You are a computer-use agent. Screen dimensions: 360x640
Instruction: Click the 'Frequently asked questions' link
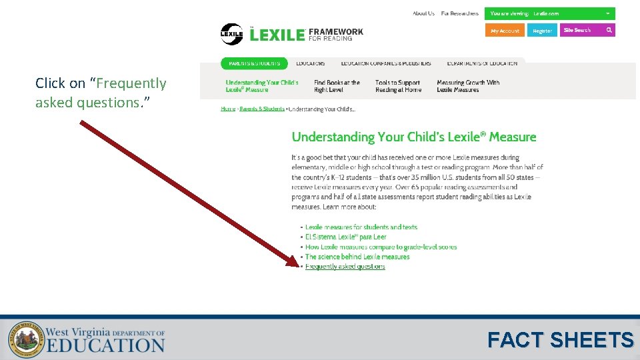[345, 267]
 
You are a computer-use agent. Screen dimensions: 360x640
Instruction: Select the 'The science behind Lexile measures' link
[357, 257]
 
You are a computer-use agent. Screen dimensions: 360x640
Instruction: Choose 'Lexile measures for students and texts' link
[361, 227]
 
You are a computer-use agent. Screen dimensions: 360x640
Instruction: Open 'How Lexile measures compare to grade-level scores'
[381, 247]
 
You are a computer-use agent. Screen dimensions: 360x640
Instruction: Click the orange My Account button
[505, 31]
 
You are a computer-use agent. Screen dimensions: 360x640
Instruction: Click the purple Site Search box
[587, 30]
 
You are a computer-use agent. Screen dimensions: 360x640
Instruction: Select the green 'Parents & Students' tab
[254, 63]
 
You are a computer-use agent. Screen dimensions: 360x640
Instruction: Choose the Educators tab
[311, 63]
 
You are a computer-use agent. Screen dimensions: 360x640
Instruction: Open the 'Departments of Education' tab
[482, 63]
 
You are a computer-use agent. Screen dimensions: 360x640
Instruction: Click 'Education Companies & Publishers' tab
[386, 63]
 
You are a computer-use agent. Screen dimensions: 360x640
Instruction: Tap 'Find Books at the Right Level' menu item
[337, 86]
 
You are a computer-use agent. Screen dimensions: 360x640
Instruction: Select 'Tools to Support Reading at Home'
[398, 86]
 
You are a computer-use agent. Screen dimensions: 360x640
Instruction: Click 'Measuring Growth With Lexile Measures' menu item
[468, 86]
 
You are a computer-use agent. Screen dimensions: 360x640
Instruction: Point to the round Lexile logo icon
[231, 34]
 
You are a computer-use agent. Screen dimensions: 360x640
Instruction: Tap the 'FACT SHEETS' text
[560, 340]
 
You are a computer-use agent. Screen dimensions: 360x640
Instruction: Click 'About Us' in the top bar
[423, 13]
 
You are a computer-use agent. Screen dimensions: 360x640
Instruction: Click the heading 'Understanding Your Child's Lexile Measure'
[414, 137]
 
